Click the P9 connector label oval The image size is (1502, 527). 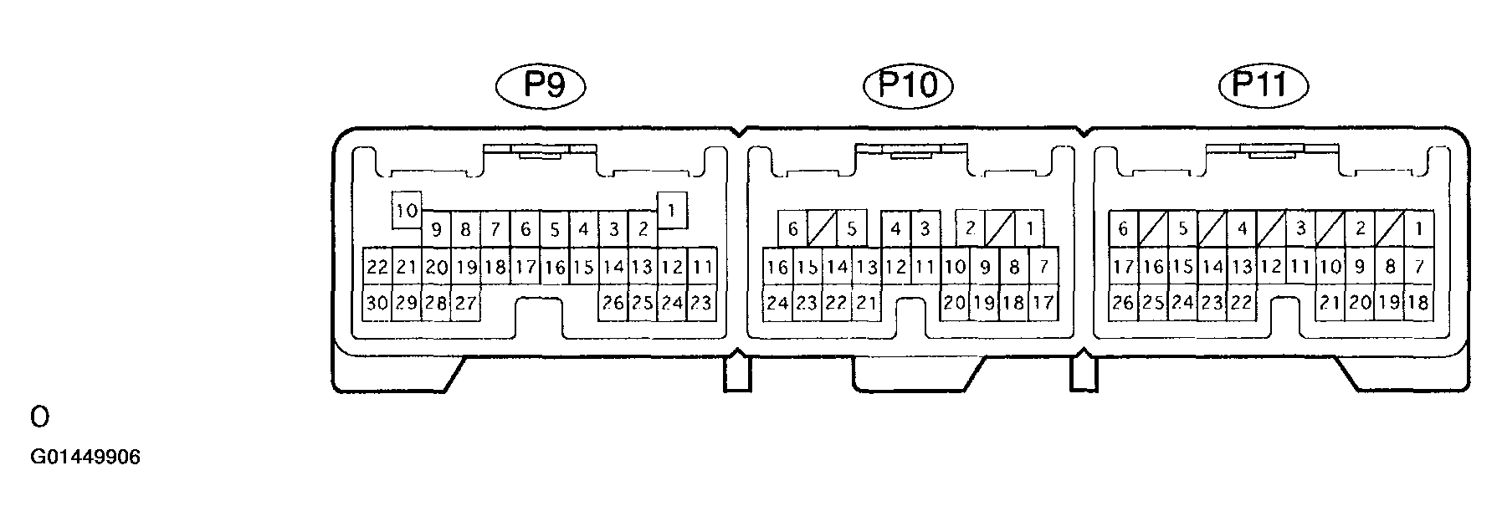pos(541,85)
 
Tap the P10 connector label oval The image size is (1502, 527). pos(908,85)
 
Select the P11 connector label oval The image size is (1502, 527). pos(1264,85)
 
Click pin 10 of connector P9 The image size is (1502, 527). pos(407,210)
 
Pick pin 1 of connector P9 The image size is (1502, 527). pos(672,210)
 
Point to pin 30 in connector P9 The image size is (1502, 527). pos(377,303)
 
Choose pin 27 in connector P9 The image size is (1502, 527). pos(465,303)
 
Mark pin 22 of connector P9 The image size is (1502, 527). pos(377,268)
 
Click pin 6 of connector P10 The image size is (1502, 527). pos(793,228)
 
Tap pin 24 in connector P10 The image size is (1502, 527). pos(778,303)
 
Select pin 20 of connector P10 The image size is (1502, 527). pos(955,303)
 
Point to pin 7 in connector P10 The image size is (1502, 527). pos(1043,268)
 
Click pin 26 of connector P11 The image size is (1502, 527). pos(1124,303)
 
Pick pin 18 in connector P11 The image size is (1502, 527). pos(1417,303)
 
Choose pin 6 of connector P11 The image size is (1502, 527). pos(1124,228)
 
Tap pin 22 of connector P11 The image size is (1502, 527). pos(1242,303)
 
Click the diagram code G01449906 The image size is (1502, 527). pos(85,458)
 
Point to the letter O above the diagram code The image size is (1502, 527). pos(38,416)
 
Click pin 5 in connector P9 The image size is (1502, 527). pos(554,228)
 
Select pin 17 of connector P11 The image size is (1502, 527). pos(1124,268)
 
